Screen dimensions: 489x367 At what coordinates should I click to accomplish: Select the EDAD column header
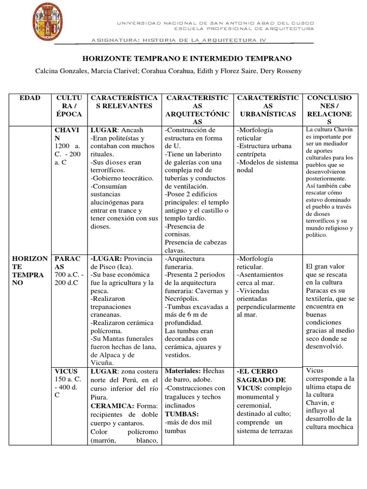(30, 98)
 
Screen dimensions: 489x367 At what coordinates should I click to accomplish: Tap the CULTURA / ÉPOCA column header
(68, 106)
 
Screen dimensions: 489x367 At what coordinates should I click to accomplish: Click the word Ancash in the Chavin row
(132, 130)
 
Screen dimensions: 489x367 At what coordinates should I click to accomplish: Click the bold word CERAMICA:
(108, 405)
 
